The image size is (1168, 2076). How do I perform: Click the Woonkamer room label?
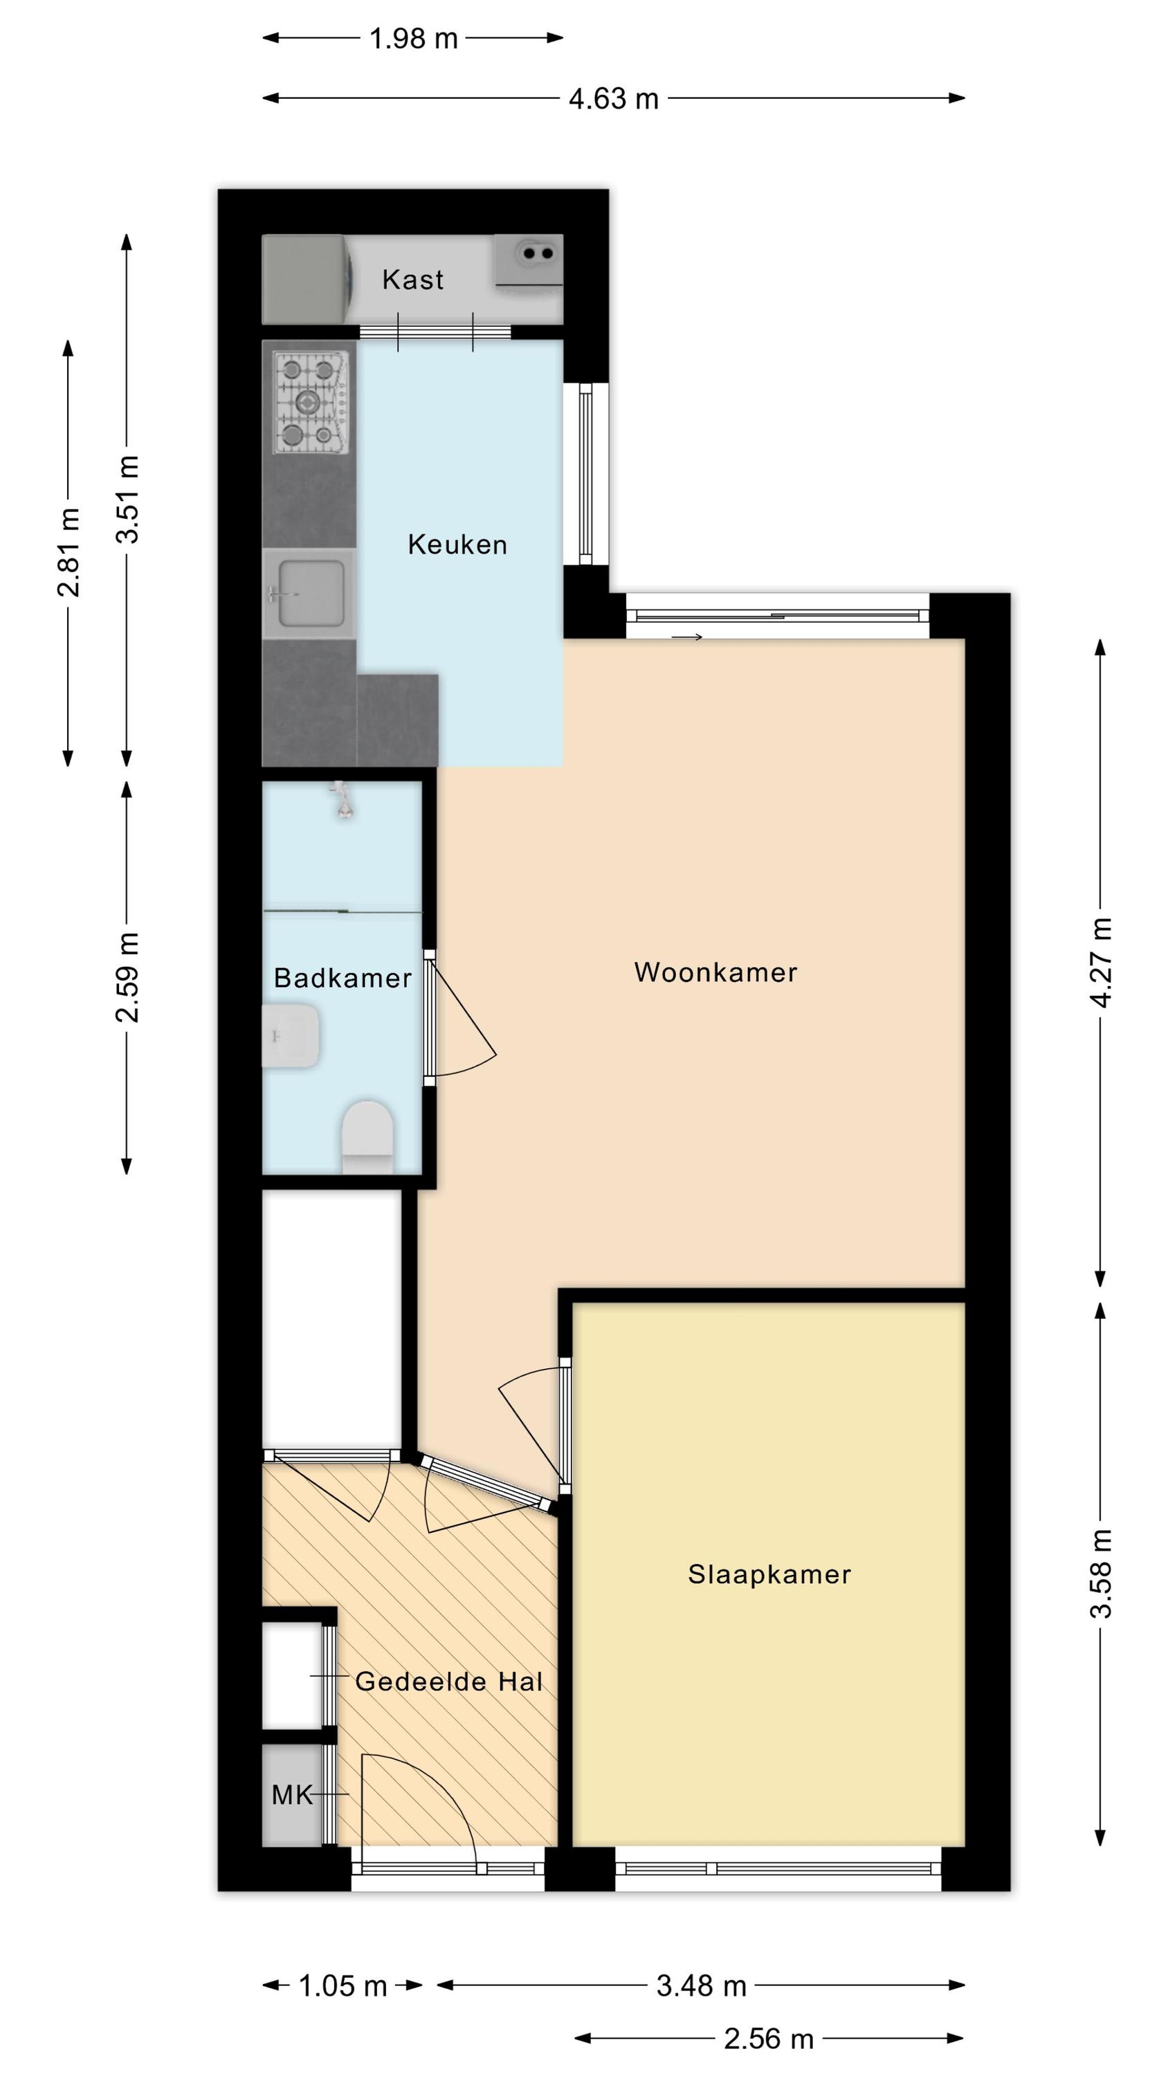(x=715, y=972)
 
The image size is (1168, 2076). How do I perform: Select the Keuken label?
(x=457, y=544)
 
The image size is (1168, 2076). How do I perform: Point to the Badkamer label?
(x=343, y=978)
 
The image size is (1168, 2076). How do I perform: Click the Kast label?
(x=412, y=279)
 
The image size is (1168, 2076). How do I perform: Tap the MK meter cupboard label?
(x=292, y=1795)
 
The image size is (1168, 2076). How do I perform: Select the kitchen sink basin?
(x=311, y=593)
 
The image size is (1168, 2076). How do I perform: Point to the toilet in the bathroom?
(x=367, y=1136)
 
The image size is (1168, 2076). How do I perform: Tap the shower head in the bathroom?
(x=343, y=800)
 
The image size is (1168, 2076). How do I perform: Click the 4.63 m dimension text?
(x=614, y=98)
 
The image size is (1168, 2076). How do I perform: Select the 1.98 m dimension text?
(x=414, y=38)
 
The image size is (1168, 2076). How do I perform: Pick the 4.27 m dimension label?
(x=1100, y=963)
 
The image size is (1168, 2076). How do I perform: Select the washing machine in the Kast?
(x=308, y=279)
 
